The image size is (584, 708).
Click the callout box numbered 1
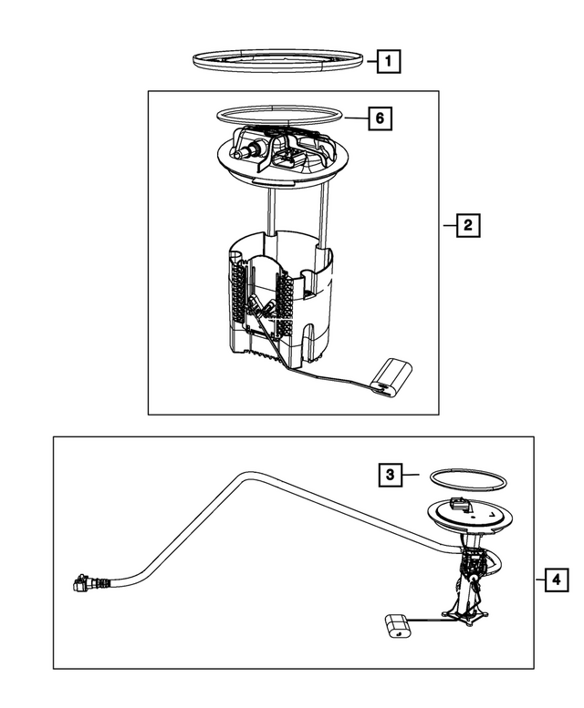[x=389, y=62]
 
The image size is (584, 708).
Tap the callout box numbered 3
[x=390, y=474]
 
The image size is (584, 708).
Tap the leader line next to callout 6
[x=357, y=118]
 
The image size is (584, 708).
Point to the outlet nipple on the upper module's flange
[x=244, y=155]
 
